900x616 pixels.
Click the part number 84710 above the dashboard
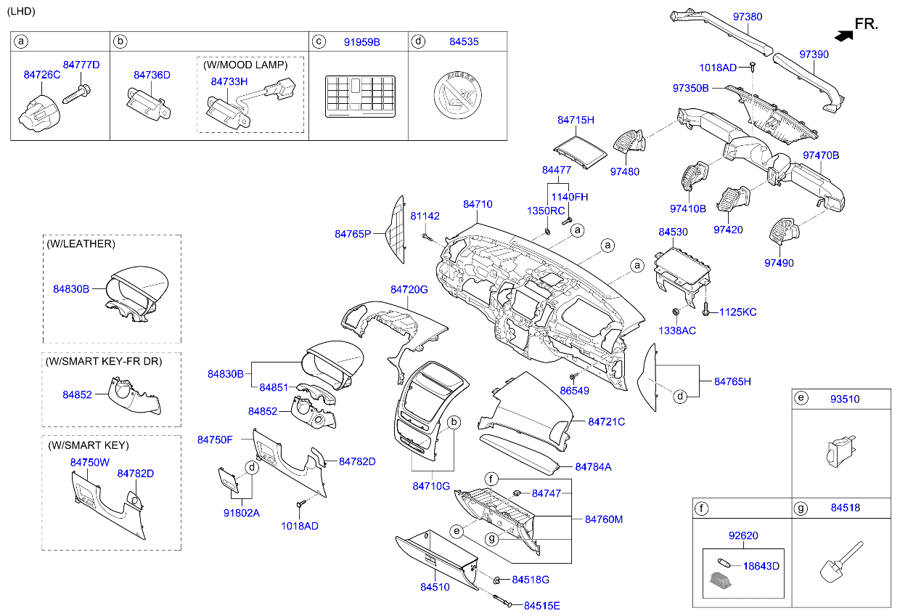click(x=478, y=204)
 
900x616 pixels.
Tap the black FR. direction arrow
click(x=843, y=36)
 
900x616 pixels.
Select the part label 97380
click(x=748, y=17)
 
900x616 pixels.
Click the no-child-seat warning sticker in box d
click(x=458, y=95)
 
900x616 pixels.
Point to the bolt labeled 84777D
click(x=76, y=94)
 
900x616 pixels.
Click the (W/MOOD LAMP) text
click(x=245, y=65)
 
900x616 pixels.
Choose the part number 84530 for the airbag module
click(x=673, y=232)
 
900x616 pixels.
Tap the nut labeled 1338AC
click(x=676, y=311)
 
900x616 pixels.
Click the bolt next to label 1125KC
click(x=705, y=309)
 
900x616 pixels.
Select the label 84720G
click(x=409, y=290)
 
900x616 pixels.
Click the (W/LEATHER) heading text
click(x=81, y=244)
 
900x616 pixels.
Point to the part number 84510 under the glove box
click(x=435, y=587)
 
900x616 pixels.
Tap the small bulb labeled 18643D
click(x=724, y=563)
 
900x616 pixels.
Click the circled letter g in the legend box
click(x=801, y=508)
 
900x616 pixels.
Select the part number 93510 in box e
click(x=845, y=400)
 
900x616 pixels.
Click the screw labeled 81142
click(x=427, y=238)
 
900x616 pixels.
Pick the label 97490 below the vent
click(x=779, y=263)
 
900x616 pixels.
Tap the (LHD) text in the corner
click(x=21, y=11)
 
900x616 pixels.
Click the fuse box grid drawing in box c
click(x=361, y=96)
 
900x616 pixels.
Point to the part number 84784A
click(x=593, y=467)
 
